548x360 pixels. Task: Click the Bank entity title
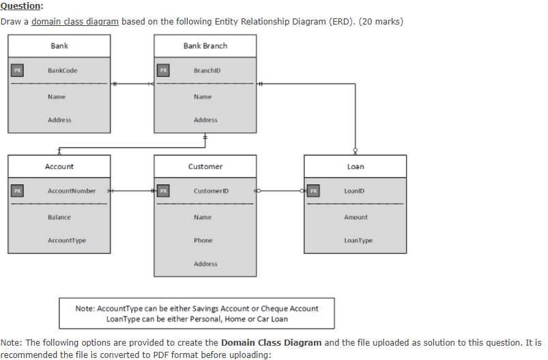click(x=59, y=46)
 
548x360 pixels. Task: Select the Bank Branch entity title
click(x=205, y=46)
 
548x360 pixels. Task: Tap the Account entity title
click(x=59, y=166)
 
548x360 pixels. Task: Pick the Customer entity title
click(x=205, y=166)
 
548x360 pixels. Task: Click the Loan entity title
click(x=356, y=166)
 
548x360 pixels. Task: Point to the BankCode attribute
click(x=63, y=70)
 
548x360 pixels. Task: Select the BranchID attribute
click(x=207, y=70)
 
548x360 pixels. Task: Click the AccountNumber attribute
click(x=72, y=191)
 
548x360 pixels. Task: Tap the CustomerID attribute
click(x=210, y=191)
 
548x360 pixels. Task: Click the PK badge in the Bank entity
click(x=17, y=70)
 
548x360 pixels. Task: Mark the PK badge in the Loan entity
click(x=313, y=191)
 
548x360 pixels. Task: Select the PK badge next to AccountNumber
click(x=17, y=191)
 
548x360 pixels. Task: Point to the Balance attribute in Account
click(x=59, y=217)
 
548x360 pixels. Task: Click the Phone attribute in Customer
click(x=203, y=240)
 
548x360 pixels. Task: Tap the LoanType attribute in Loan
click(x=358, y=240)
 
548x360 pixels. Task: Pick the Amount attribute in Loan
click(x=356, y=217)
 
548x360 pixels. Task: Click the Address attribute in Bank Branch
click(x=205, y=120)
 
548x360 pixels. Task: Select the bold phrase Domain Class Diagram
click(x=271, y=342)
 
